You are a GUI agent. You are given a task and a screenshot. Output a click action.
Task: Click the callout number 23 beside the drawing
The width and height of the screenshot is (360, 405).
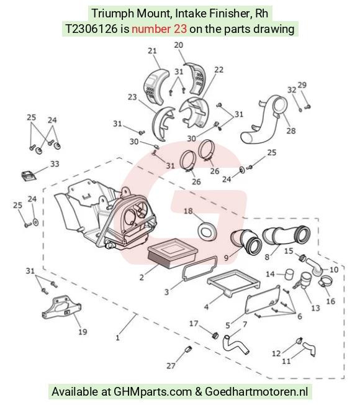(x=132, y=97)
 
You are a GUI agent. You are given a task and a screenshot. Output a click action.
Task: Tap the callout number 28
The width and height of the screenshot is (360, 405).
(x=291, y=130)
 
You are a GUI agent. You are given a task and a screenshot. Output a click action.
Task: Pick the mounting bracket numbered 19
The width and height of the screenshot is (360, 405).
(x=61, y=307)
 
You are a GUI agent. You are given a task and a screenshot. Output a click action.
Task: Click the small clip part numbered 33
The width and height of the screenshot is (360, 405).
(x=28, y=176)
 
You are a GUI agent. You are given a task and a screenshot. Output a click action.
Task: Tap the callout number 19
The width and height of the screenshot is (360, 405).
(x=83, y=332)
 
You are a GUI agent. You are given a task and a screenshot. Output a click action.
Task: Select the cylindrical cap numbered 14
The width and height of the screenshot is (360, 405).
(x=289, y=274)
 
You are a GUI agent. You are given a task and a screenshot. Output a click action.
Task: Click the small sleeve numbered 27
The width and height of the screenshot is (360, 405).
(x=189, y=349)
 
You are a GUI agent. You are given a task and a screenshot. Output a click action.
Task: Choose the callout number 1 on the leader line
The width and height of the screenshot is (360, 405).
(x=118, y=337)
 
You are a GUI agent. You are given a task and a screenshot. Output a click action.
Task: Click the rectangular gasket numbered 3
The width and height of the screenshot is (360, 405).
(x=200, y=268)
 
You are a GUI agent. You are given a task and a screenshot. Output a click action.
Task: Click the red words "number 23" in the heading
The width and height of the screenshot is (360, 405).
(x=159, y=29)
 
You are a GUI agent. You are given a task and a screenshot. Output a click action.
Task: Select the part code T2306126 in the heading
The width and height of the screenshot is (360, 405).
(x=92, y=29)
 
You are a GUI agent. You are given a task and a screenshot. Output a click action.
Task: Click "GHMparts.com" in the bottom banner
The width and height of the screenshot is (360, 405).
(x=153, y=391)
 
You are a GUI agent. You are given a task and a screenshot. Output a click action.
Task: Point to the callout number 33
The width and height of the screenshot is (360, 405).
(x=55, y=164)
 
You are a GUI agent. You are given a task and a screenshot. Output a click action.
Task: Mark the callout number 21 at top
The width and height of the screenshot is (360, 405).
(x=152, y=51)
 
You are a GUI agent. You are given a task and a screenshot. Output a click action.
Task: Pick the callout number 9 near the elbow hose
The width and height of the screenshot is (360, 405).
(x=227, y=258)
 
